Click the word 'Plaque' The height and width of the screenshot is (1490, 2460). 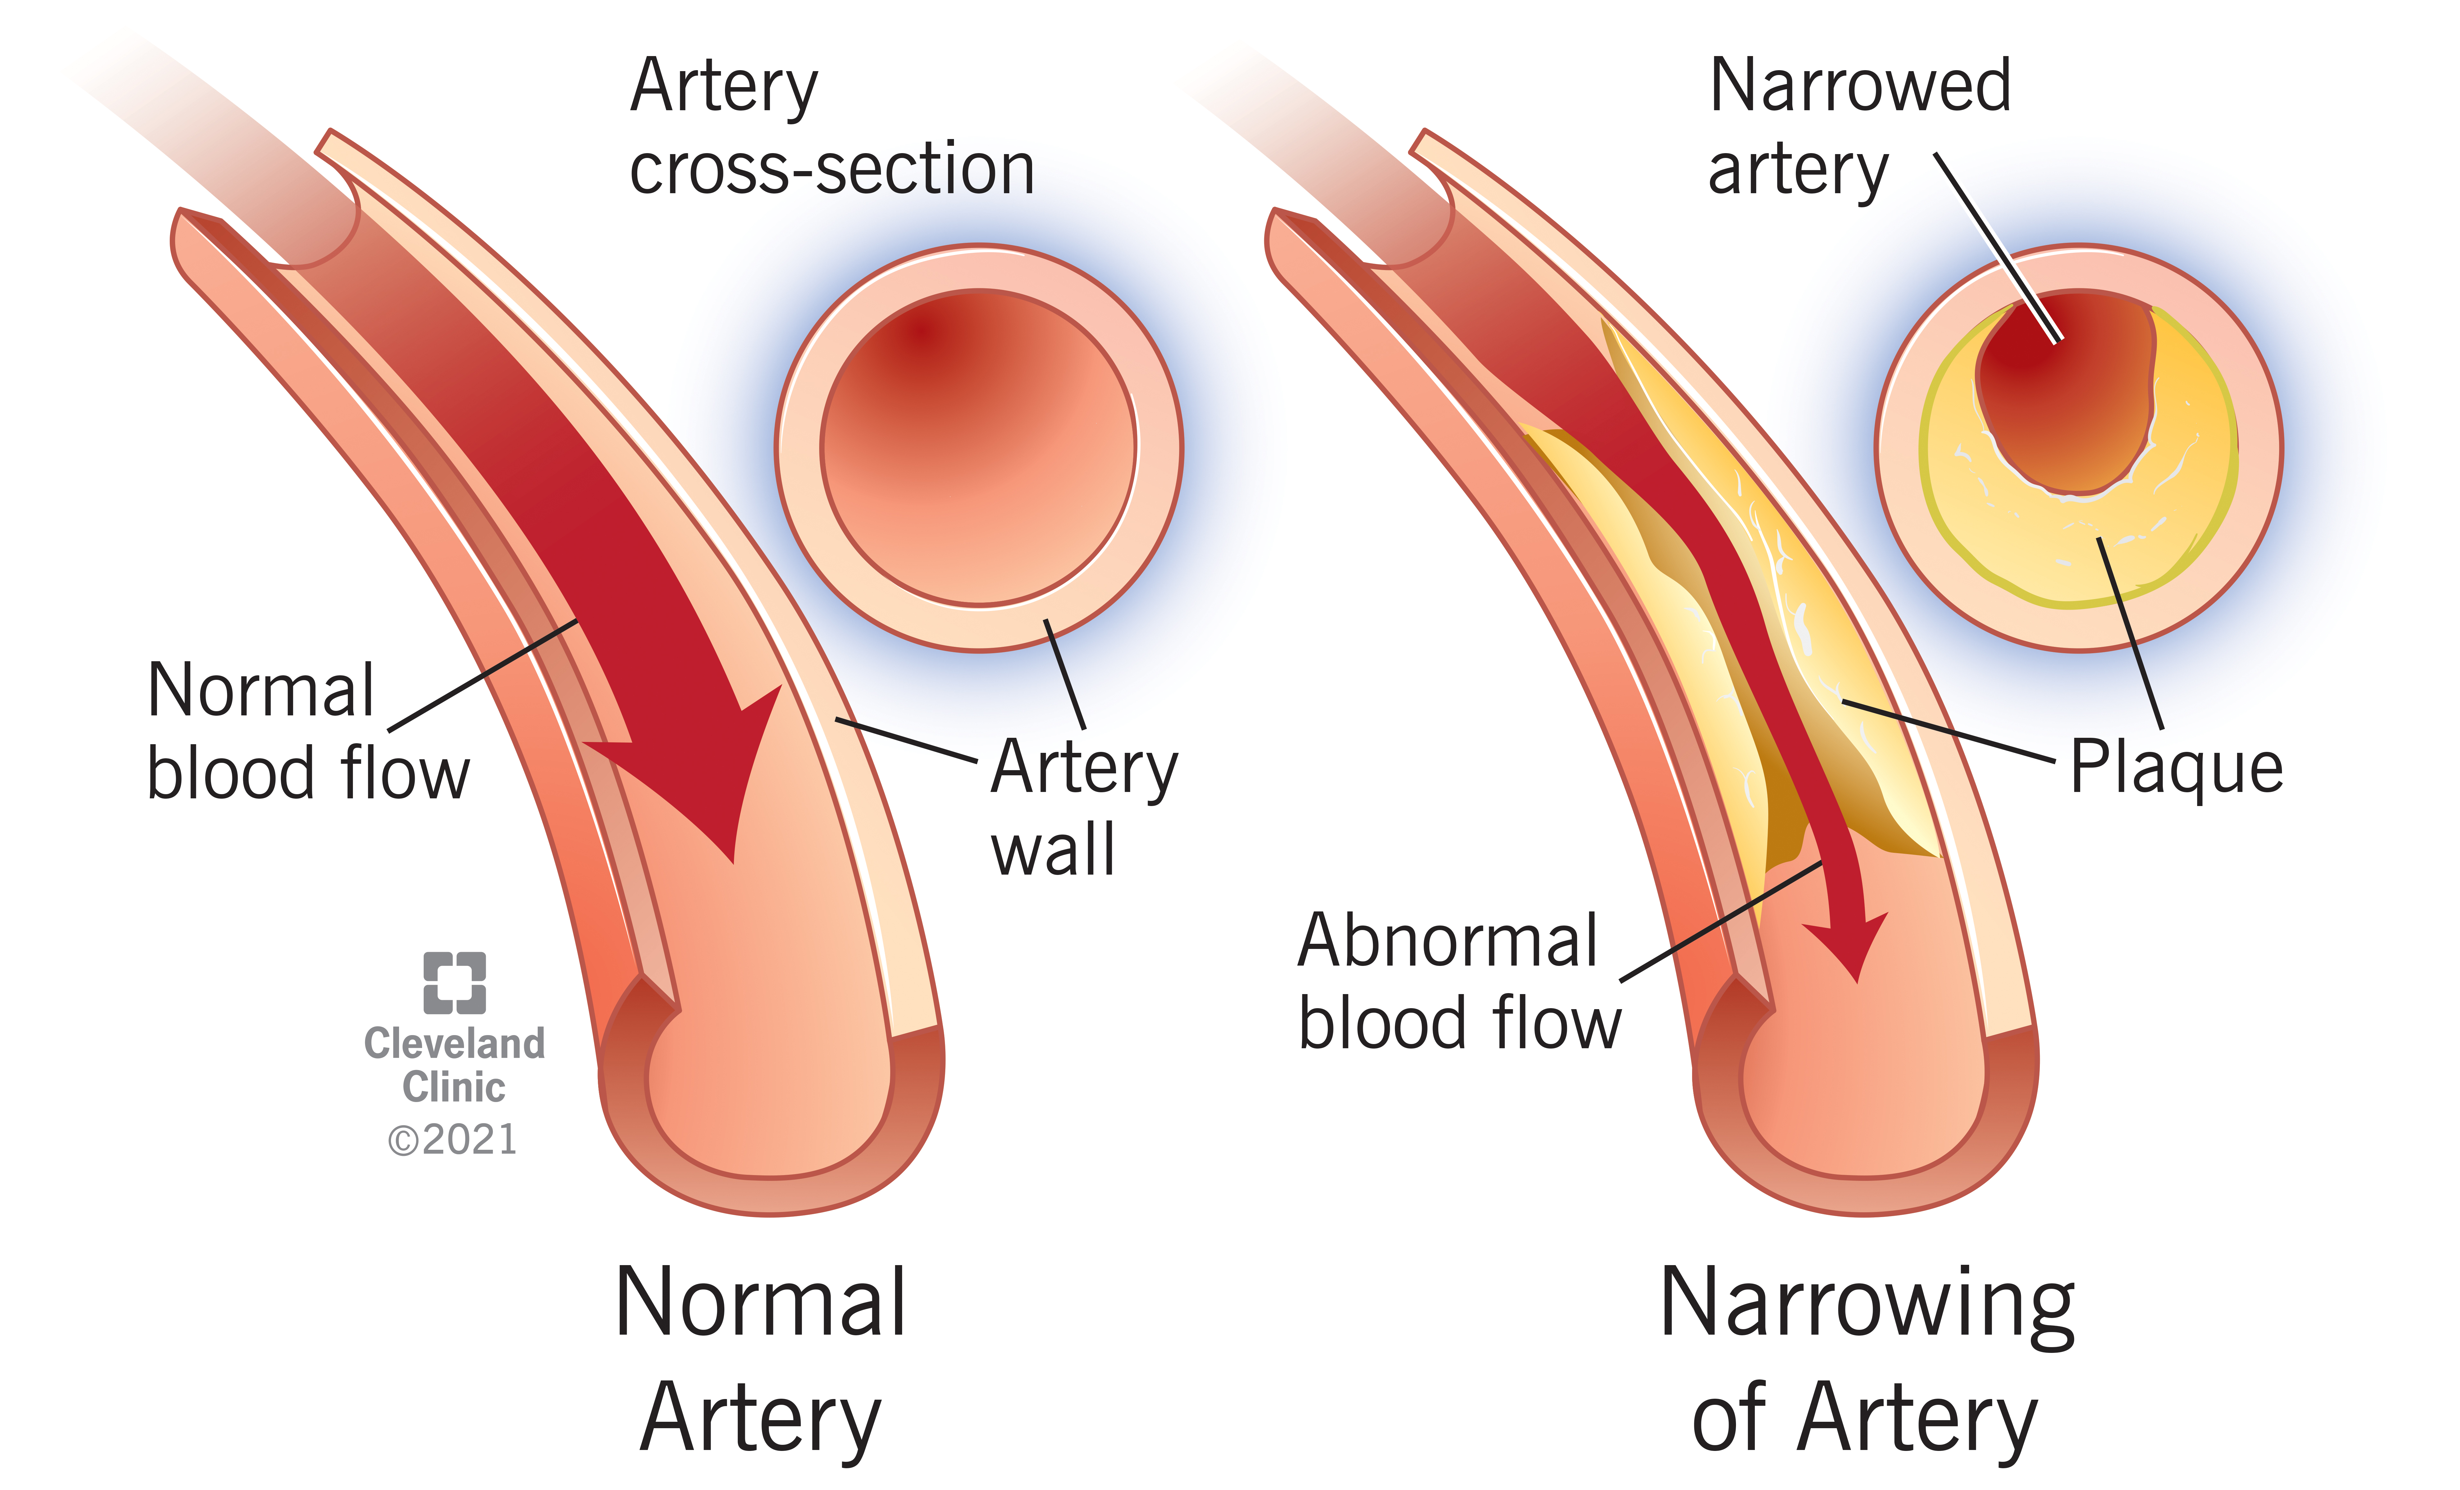[x=2177, y=767]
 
